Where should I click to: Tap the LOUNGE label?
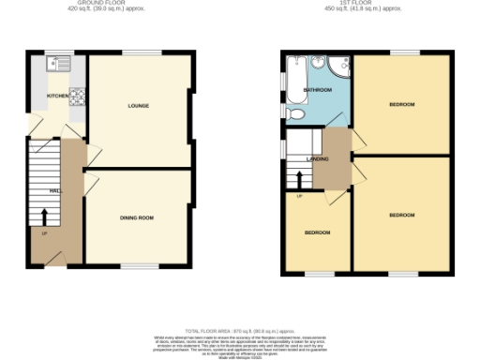click(139, 106)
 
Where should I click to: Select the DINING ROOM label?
click(137, 217)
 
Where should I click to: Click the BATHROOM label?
click(319, 91)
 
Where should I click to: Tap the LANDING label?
click(318, 159)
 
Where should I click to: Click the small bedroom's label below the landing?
click(316, 232)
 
